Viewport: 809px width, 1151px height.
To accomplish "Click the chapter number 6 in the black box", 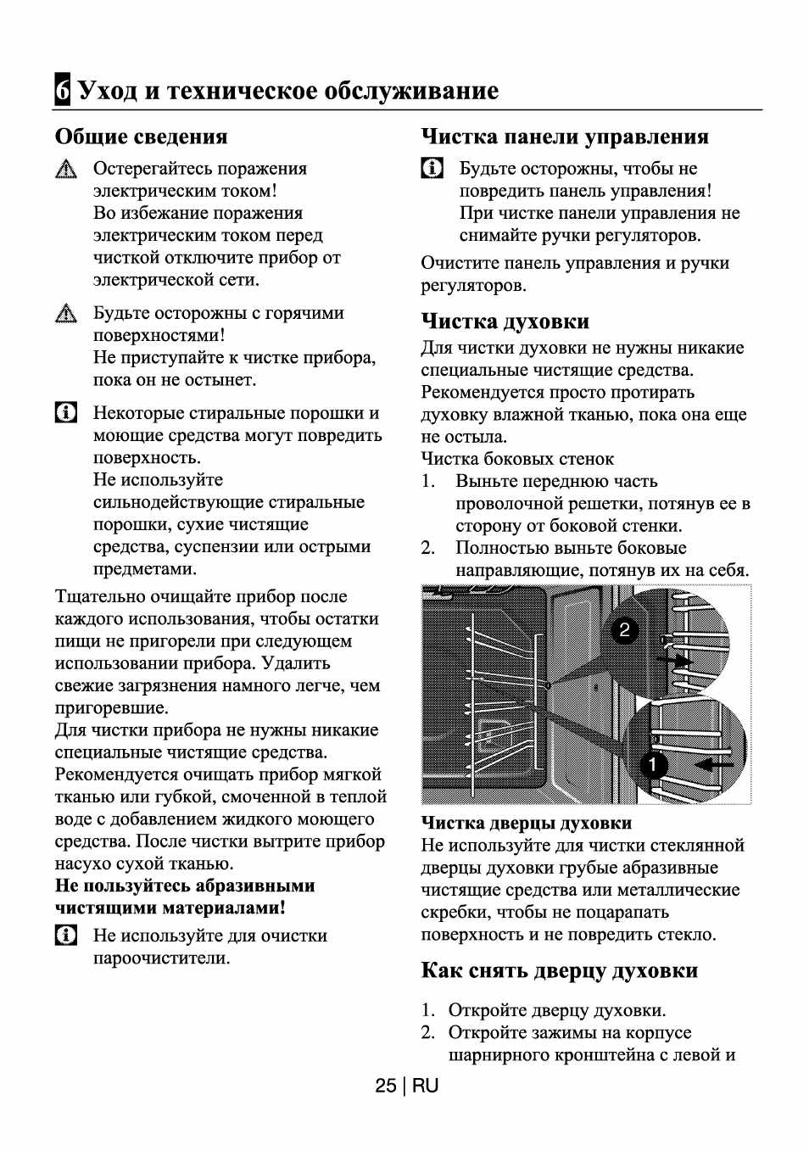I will click(x=62, y=90).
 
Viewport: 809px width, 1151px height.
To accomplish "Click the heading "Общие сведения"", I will click(x=142, y=137).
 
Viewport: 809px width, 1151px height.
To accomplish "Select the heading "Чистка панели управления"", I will click(x=565, y=137).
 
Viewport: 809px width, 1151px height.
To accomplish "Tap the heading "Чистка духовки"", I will click(x=505, y=321).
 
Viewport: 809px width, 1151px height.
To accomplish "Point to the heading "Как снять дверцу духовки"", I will click(x=559, y=970).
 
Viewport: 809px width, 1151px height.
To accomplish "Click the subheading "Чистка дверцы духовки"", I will click(x=526, y=823).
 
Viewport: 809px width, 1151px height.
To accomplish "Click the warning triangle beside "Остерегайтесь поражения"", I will click(x=65, y=170).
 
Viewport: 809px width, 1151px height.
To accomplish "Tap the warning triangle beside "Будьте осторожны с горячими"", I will click(x=65, y=315).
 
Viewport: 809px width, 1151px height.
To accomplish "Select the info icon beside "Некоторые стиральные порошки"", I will click(x=65, y=414).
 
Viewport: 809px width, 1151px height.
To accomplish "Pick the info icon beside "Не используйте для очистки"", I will click(x=65, y=936).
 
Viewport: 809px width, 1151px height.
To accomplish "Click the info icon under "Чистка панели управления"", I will click(x=432, y=169).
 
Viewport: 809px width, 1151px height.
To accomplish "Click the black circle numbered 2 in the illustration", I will click(x=624, y=630).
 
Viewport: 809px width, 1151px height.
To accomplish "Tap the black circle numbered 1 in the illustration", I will click(x=652, y=765).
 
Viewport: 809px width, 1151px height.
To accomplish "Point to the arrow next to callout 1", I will click(x=714, y=765).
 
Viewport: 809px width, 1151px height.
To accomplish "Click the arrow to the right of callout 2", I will click(x=677, y=659).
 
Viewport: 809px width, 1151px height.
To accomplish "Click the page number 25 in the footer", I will click(x=386, y=1087).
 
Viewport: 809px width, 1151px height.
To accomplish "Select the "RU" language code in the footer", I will click(x=427, y=1087).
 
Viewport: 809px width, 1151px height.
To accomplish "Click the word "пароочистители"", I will click(x=161, y=958).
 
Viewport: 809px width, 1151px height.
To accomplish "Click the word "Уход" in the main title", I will click(x=108, y=90).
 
